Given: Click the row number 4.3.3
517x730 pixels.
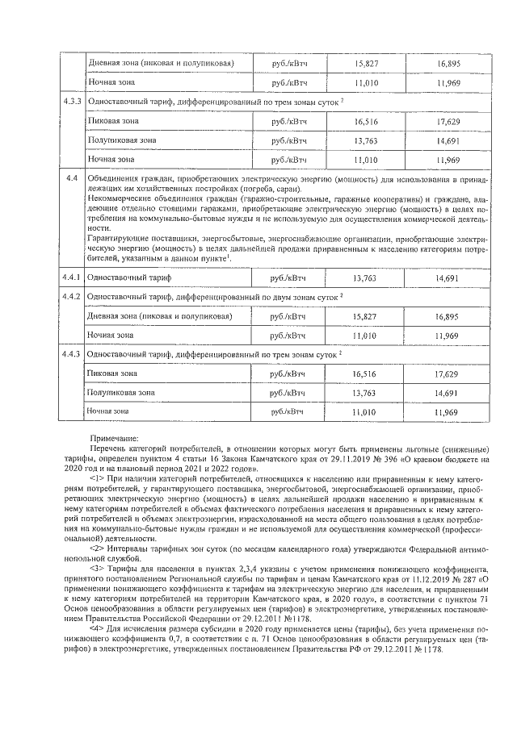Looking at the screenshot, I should (72, 102).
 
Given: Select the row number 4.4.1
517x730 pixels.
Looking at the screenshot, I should (72, 277).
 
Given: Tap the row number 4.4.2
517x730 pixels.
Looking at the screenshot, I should (72, 297).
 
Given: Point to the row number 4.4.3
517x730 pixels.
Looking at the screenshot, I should (72, 354).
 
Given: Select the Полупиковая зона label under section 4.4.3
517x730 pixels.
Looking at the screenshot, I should (121, 393).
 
